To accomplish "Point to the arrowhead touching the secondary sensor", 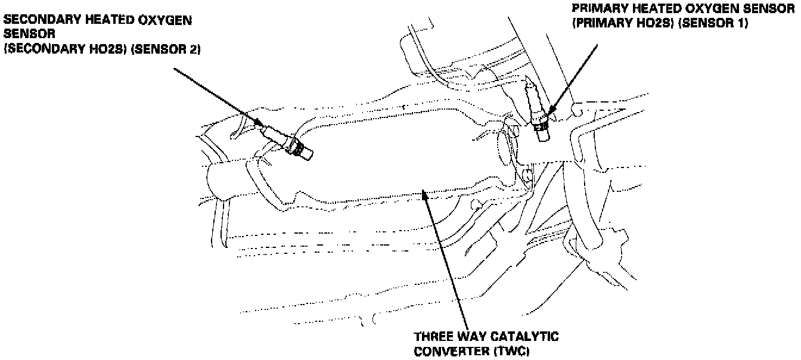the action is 260,123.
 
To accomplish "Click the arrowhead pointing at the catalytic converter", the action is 423,193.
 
